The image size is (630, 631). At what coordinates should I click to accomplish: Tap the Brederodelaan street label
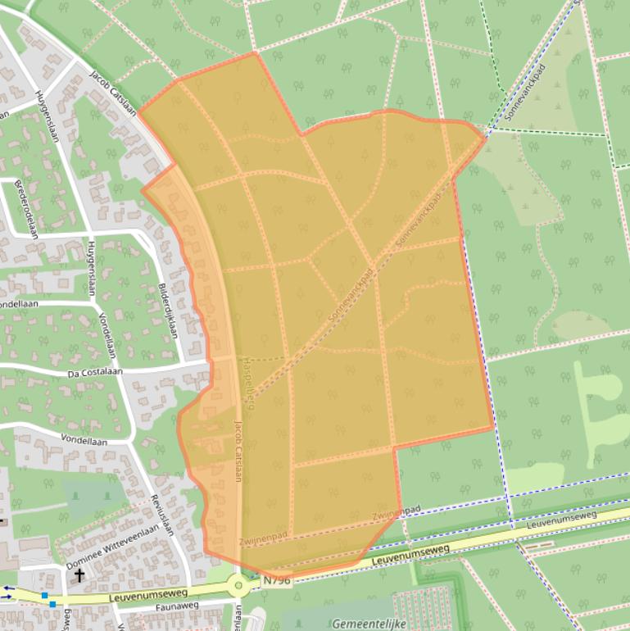click(27, 209)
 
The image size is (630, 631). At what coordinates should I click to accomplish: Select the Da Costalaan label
click(95, 372)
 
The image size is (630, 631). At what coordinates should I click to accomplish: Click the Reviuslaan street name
click(163, 515)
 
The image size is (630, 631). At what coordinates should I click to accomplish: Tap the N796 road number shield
click(277, 579)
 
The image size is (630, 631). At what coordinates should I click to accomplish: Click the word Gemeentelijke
click(369, 624)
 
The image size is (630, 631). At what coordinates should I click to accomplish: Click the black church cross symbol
click(79, 576)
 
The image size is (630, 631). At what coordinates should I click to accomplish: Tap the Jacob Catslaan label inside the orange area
click(238, 450)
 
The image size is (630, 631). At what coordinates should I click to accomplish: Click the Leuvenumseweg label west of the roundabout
click(152, 593)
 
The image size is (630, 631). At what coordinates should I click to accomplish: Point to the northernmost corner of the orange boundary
click(256, 52)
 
